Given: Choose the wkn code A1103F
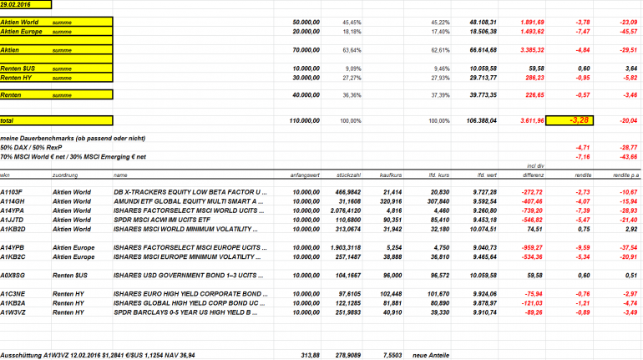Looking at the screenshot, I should [x=11, y=192].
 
